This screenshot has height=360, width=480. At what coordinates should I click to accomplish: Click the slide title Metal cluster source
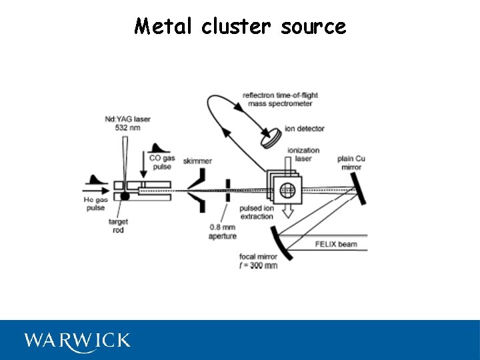tap(240, 26)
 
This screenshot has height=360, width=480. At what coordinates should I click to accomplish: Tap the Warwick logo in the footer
tap(77, 341)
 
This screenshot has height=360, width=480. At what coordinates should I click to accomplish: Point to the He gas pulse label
tap(96, 203)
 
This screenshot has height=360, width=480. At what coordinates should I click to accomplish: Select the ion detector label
tap(304, 128)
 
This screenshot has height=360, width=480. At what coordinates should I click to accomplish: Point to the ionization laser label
tap(302, 155)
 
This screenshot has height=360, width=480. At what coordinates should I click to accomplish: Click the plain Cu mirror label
tap(351, 163)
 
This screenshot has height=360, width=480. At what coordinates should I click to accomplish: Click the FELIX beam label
tap(336, 244)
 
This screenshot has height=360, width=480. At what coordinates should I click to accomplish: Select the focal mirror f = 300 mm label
tap(258, 261)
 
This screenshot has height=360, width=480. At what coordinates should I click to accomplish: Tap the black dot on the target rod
tap(125, 196)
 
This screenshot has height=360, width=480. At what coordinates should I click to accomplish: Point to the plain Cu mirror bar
tap(361, 187)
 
